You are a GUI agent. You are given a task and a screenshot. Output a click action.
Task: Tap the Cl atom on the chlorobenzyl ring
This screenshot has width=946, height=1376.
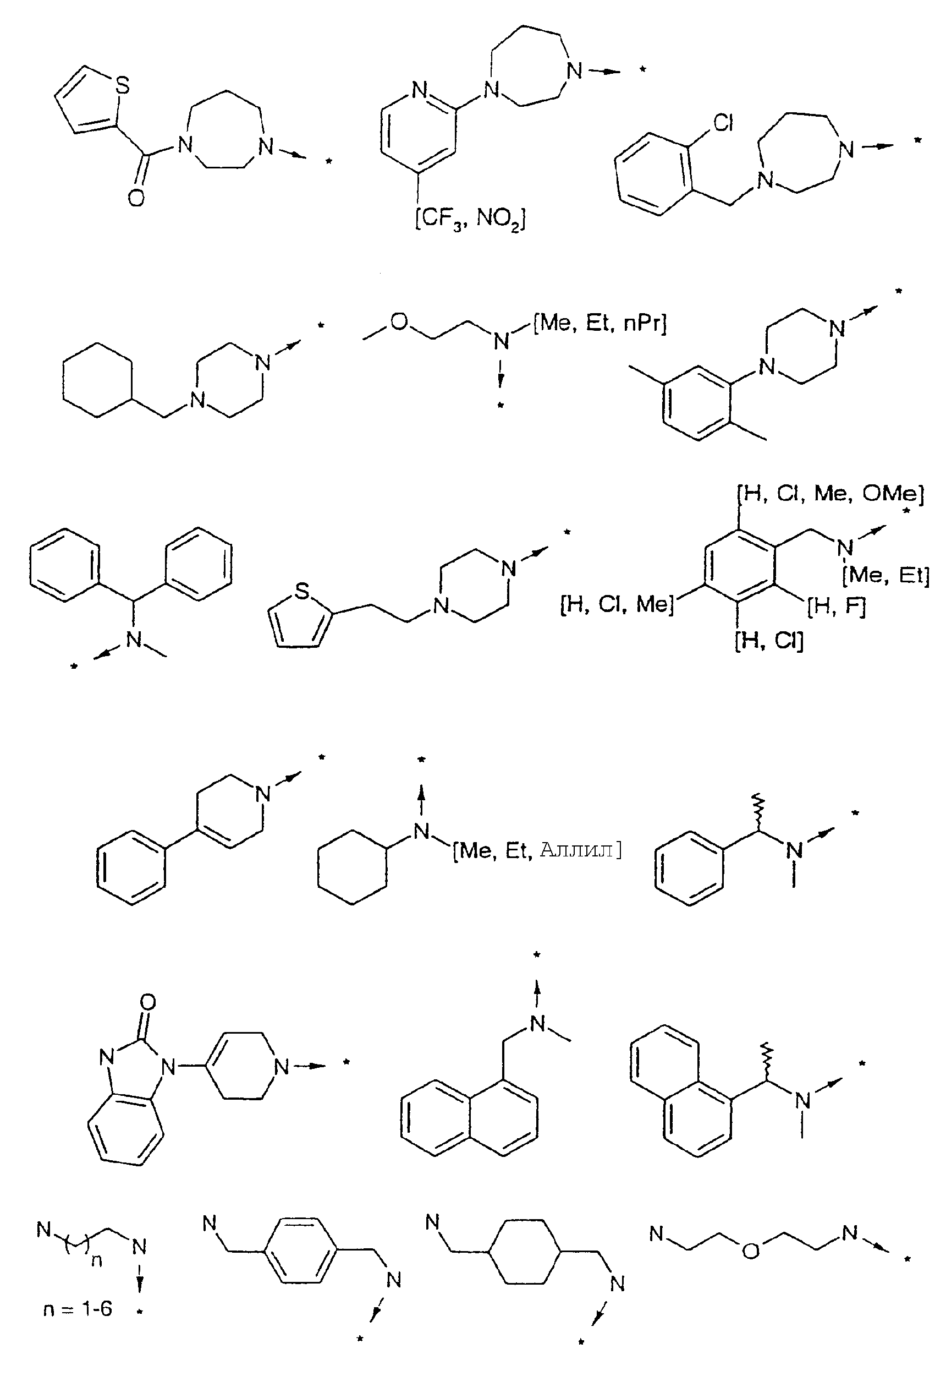coord(723,123)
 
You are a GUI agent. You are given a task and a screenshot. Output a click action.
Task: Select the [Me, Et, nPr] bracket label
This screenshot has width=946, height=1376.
coord(600,323)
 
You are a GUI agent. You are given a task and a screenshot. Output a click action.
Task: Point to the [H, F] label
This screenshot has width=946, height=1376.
coord(837,605)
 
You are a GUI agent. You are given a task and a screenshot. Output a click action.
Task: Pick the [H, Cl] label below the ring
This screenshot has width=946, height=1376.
coord(769,641)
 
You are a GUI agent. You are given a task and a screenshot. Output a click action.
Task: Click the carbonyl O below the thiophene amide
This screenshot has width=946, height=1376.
coord(136,198)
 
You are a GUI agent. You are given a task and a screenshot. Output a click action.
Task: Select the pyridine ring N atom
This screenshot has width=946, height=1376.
coord(420,90)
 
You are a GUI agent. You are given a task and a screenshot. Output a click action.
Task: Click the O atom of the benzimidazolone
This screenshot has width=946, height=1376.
coord(148,1002)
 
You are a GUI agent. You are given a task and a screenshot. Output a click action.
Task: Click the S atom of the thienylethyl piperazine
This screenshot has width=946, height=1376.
coord(302,591)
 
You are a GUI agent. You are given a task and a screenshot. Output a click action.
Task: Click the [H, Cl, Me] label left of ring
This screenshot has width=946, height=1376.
coord(617,604)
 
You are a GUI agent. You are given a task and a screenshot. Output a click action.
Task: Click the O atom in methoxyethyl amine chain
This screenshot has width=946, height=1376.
coord(400,323)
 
